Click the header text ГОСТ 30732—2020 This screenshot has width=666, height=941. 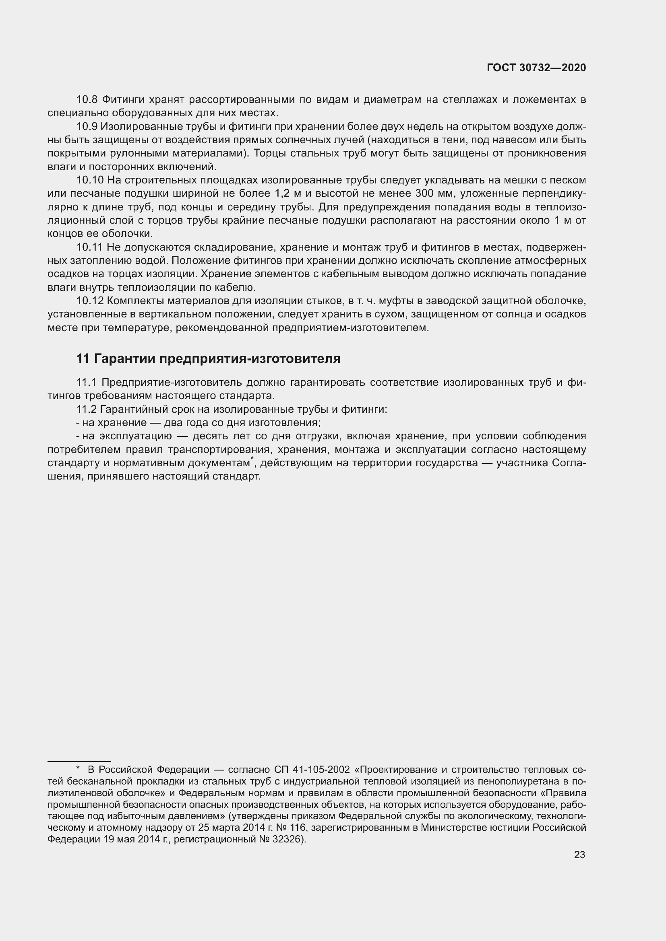536,68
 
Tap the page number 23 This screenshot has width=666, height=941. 579,855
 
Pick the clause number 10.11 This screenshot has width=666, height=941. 89,247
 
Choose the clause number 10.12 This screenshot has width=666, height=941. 90,301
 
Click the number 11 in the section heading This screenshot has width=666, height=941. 83,358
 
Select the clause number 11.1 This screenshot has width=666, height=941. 87,382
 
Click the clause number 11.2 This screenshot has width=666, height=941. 87,410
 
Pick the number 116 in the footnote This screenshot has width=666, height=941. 298,828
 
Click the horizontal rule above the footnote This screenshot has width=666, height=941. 79,762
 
